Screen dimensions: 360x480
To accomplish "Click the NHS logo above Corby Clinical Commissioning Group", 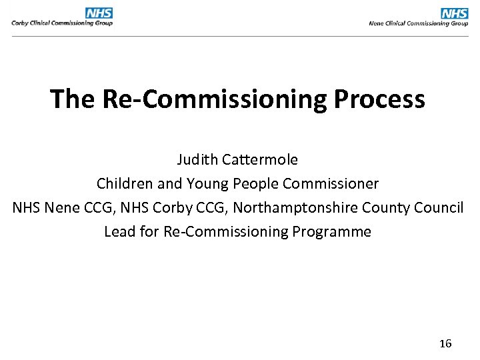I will pos(99,13).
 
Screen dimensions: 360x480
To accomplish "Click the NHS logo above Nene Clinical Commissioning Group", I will pos(455,13).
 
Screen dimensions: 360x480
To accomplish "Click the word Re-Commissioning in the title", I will pos(214,99).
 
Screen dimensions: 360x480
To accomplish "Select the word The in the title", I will pos(73,99).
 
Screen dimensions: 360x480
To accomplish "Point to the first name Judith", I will pos(196,160).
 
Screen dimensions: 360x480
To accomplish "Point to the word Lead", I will pos(118,231).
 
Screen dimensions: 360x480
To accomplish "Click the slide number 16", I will pos(445,344).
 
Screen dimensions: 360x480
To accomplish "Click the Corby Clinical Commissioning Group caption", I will pos(62,23).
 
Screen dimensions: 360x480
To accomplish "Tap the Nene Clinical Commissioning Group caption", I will pos(419,23).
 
